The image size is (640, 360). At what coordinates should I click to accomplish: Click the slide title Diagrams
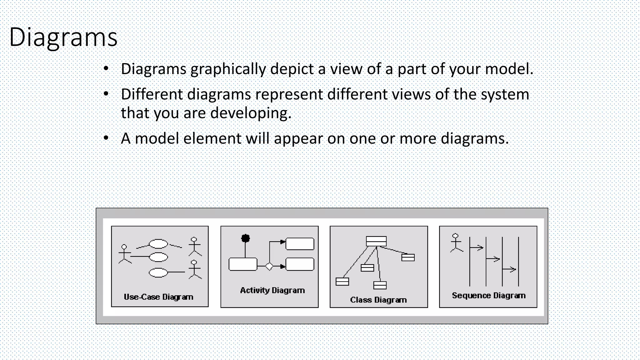pos(63,37)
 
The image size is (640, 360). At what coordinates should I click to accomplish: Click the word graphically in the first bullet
pos(228,69)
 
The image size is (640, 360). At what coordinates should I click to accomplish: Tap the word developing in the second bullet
pos(251,113)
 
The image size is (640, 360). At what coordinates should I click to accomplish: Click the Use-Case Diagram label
pos(158,297)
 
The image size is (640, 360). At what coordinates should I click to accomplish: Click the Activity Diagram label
pos(272,290)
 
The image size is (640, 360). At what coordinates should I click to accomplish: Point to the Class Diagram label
pos(378,300)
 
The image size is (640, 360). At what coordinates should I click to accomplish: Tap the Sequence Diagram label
pos(488,296)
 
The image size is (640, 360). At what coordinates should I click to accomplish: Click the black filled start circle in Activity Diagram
pos(246,238)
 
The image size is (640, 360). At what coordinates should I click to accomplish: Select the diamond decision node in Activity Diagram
pos(269,267)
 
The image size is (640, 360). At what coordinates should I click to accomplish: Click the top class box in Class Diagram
pos(376,241)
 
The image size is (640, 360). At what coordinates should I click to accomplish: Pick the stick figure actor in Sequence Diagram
pos(456,243)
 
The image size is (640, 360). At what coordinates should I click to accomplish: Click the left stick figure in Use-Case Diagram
pos(125,254)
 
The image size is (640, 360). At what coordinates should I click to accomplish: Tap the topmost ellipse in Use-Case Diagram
pos(158,244)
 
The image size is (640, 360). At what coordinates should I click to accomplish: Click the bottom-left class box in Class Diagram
pos(342,282)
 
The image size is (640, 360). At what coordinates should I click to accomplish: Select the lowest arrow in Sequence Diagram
pos(509,269)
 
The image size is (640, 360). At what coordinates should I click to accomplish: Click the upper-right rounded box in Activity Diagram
pos(300,244)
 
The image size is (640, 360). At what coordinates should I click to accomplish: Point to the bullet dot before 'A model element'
pos(106,138)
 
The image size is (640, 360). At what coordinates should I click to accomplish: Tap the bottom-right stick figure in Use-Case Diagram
pos(194,269)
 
